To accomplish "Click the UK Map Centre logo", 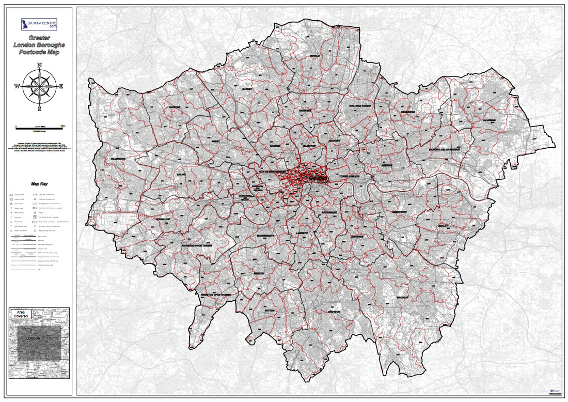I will click(x=39, y=24).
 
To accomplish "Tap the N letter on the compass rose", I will click(x=40, y=65).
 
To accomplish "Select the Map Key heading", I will click(x=39, y=183).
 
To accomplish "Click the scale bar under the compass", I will click(x=39, y=126).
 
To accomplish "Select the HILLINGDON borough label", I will click(x=118, y=158).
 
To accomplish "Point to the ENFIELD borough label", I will click(x=315, y=56).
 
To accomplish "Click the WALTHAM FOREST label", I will click(x=360, y=106).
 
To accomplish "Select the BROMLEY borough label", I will click(x=403, y=298).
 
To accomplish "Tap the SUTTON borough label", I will click(x=269, y=312).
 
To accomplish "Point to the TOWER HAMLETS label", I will click(x=349, y=177).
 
